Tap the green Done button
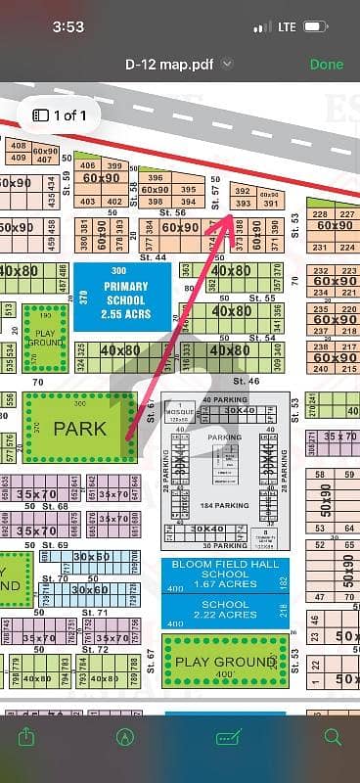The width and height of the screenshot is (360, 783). pyautogui.click(x=326, y=65)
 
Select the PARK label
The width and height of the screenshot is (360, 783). pyautogui.click(x=80, y=429)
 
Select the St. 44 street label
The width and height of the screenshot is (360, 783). pyautogui.click(x=152, y=256)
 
